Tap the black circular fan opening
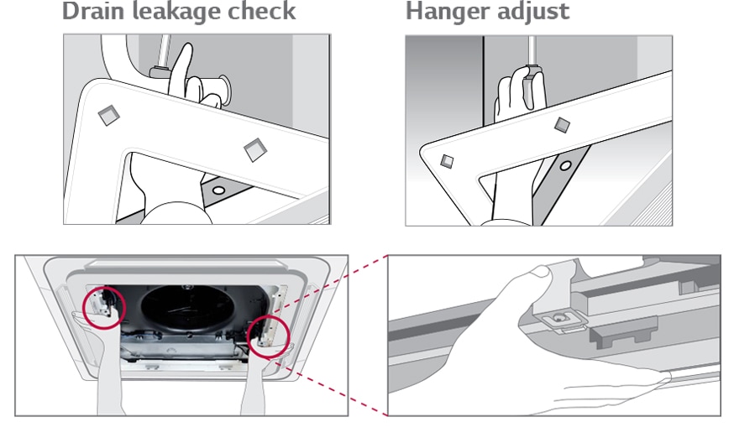187,308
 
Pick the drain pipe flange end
224,90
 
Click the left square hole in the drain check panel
109,115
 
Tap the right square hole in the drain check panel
255,149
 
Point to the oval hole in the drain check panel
218,190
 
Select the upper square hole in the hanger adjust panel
562,125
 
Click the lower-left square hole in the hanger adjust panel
447,162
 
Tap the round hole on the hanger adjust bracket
565,165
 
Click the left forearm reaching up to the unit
111,377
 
